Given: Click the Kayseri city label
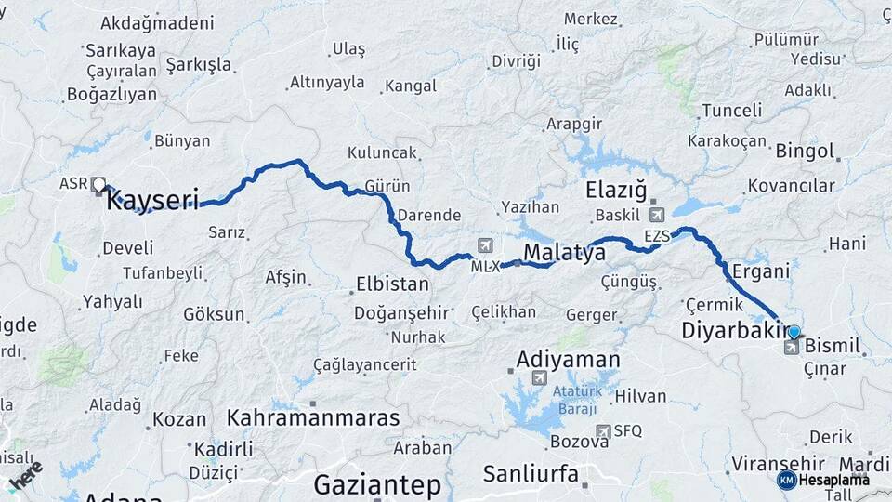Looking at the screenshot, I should (153, 200).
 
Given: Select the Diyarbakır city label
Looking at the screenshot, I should (734, 330).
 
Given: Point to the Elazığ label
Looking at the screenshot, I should (616, 191).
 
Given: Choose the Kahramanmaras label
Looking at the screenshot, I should (313, 417).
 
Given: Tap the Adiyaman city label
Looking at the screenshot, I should (568, 359).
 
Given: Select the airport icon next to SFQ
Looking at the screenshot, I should (605, 430).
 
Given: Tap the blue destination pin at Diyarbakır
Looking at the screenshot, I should (794, 331).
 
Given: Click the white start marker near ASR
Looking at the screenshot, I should (98, 184).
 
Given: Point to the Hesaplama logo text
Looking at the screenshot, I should (833, 480).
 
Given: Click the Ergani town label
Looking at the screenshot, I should (760, 271).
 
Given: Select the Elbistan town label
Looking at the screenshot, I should (393, 284).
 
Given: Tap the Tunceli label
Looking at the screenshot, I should (731, 111).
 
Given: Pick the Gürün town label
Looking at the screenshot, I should (387, 185).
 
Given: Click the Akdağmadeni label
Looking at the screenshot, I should (156, 22).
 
